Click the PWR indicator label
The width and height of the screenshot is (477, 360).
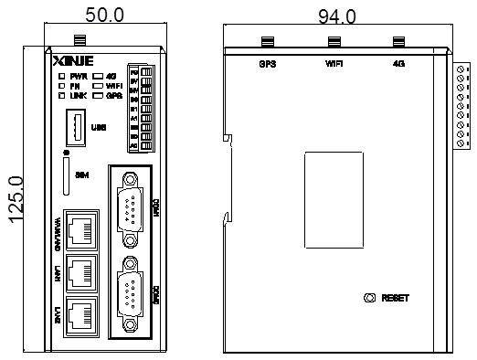(x=77, y=74)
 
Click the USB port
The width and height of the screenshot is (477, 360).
(x=76, y=126)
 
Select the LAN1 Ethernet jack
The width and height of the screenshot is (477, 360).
(x=80, y=272)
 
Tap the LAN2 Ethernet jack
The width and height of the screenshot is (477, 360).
(x=80, y=316)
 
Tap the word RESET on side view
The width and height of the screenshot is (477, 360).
(x=395, y=299)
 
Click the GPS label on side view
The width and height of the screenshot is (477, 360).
(x=268, y=65)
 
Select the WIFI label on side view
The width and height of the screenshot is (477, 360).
(x=334, y=65)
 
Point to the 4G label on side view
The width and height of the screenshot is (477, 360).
(x=397, y=65)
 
